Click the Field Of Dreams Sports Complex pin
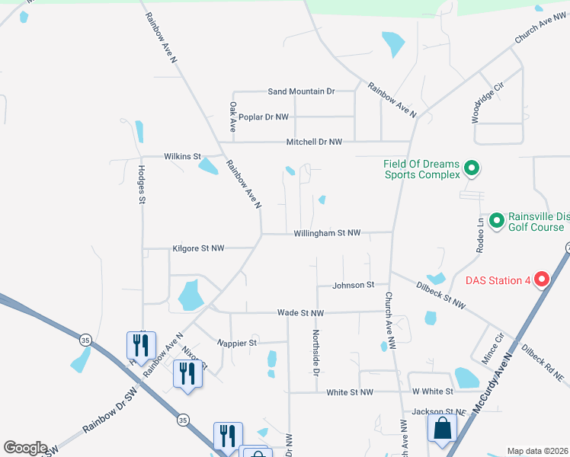471,168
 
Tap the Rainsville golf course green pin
497,221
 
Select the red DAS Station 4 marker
542,280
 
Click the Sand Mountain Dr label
301,91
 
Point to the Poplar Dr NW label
264,117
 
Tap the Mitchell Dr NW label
314,142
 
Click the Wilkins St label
181,156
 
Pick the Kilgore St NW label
198,248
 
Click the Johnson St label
354,285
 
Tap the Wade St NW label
300,313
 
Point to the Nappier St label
236,344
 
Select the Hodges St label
142,185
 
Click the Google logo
25,448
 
